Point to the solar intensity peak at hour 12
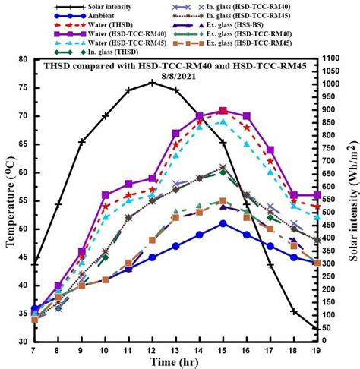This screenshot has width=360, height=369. click(152, 82)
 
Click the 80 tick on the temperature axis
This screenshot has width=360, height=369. click(24, 60)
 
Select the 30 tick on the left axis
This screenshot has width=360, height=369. click(24, 342)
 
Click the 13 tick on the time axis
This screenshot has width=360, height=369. click(175, 351)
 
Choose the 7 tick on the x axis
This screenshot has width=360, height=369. click(34, 351)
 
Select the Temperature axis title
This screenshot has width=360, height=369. click(10, 200)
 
